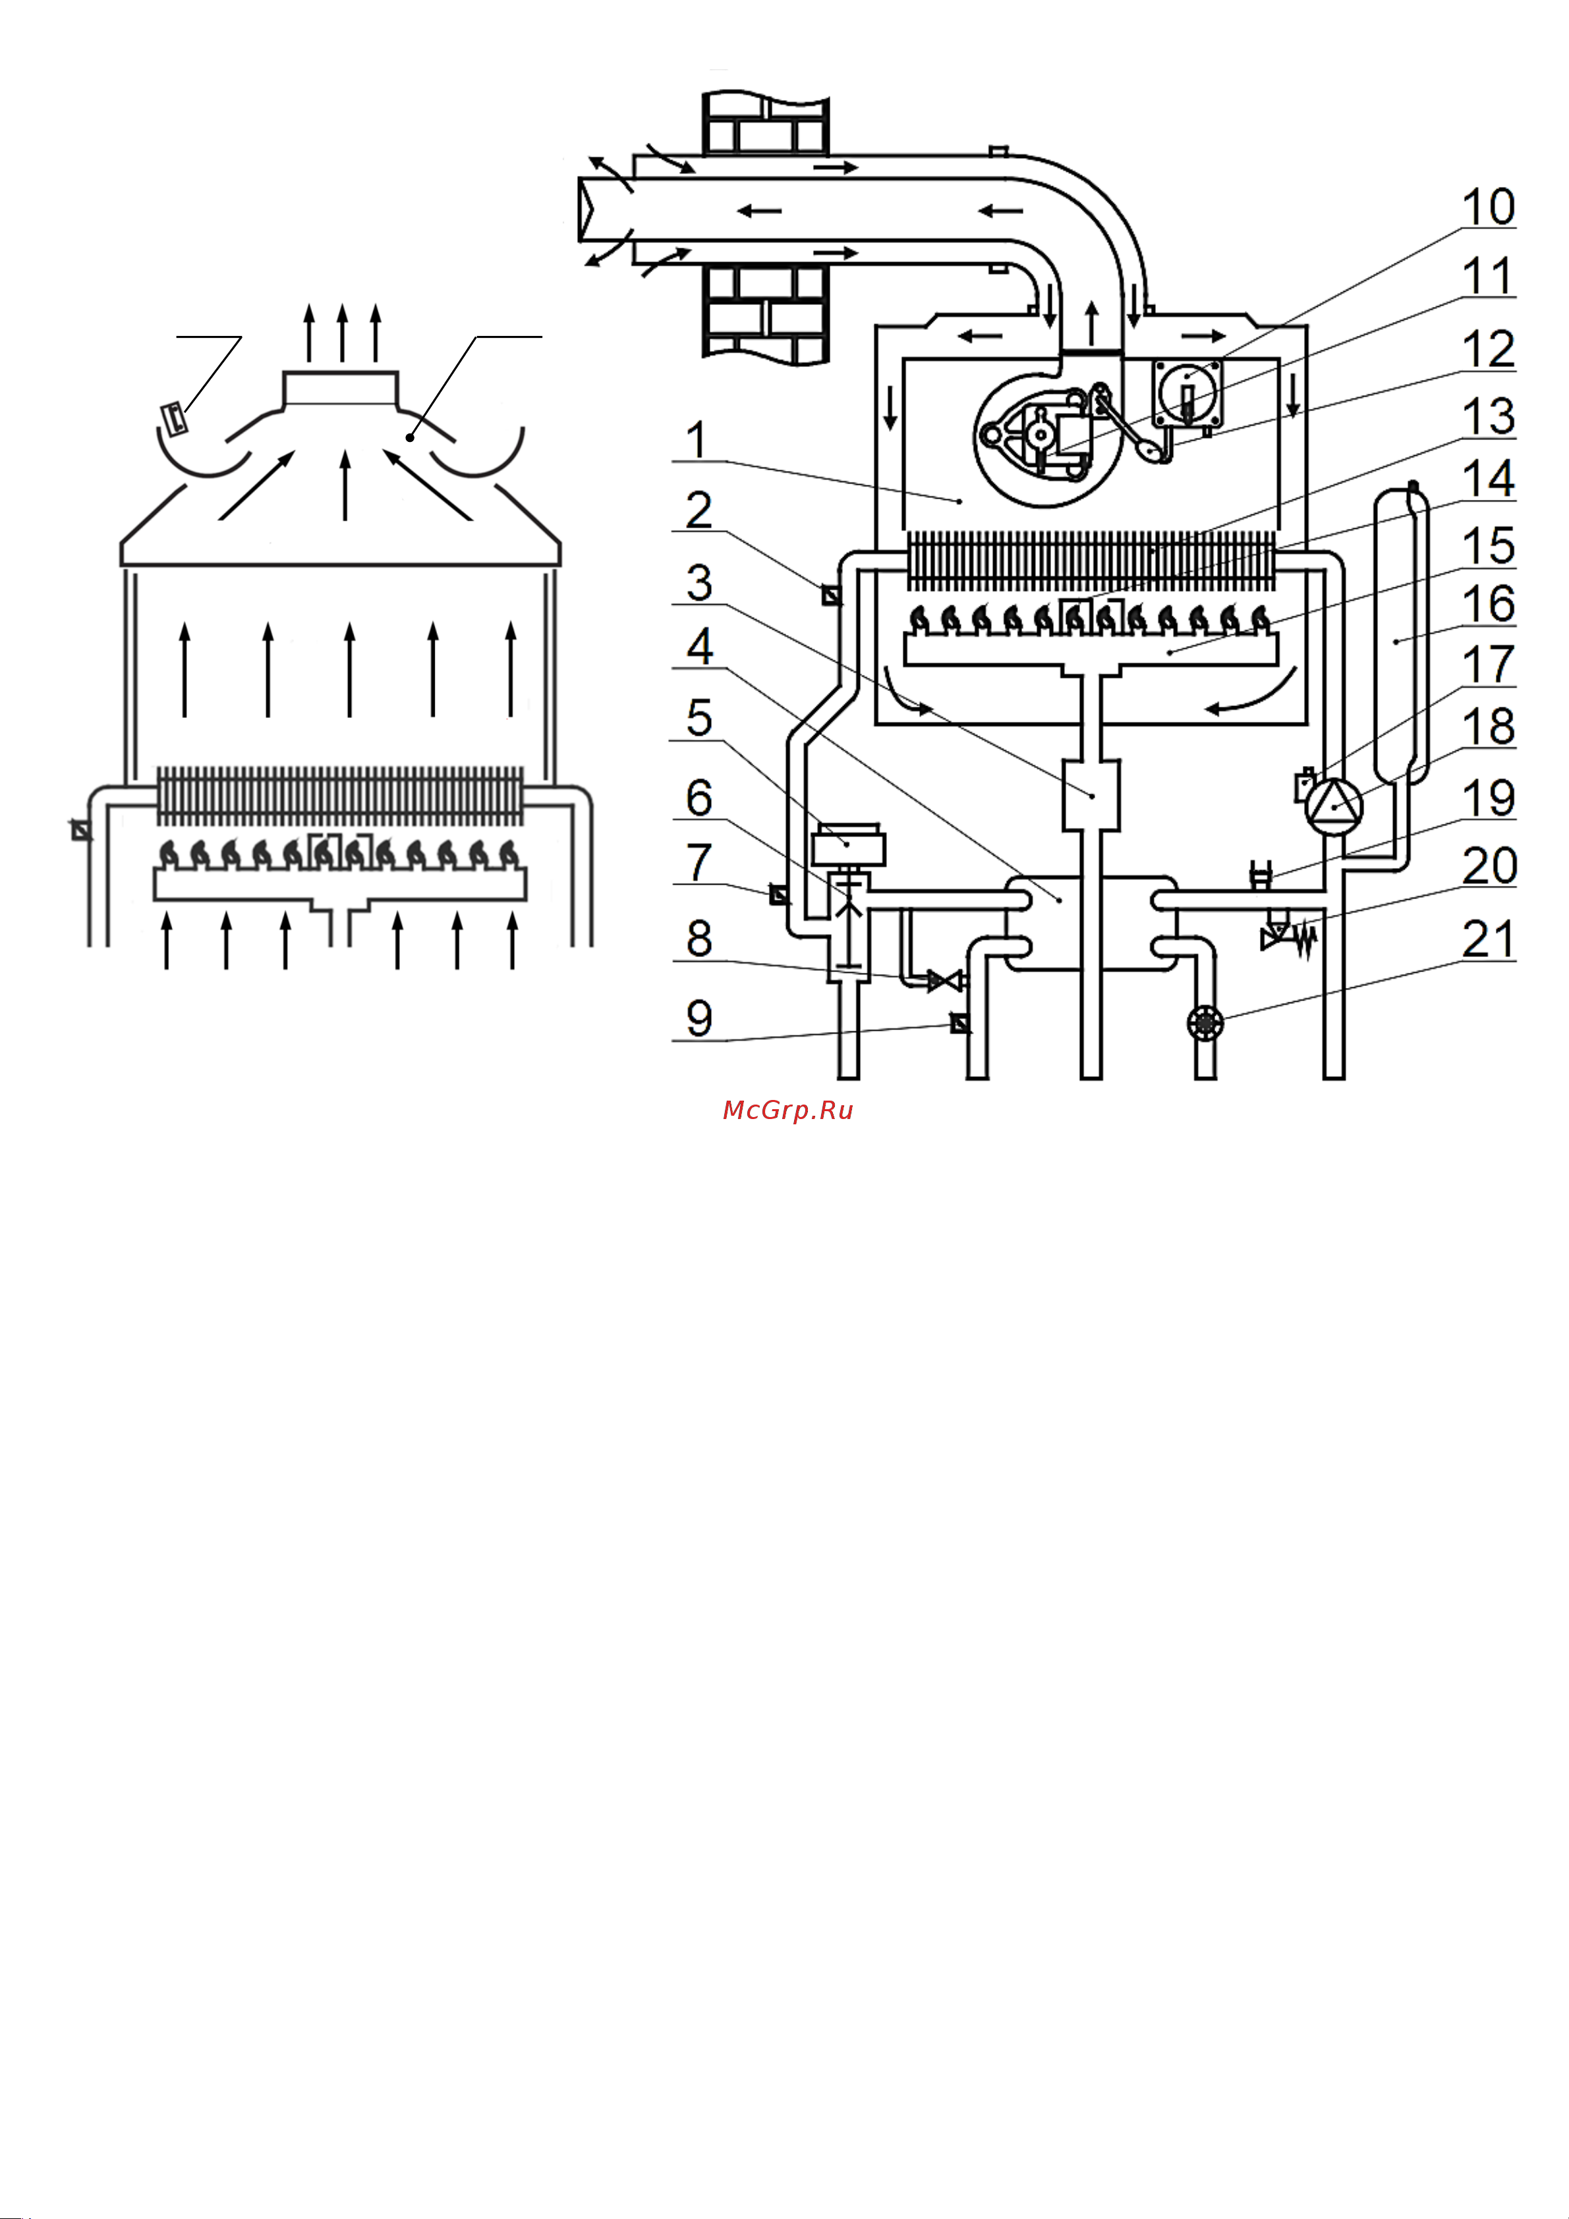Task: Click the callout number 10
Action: click(x=1488, y=207)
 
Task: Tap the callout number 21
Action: click(x=1488, y=939)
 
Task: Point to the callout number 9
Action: click(x=699, y=1019)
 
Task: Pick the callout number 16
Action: click(x=1488, y=604)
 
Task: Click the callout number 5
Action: click(x=699, y=718)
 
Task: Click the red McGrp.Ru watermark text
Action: click(x=788, y=1110)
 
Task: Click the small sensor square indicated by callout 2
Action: click(x=830, y=595)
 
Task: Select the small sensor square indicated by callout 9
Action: click(x=959, y=1022)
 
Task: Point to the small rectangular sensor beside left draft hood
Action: click(x=174, y=418)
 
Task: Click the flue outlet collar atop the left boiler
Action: click(x=339, y=389)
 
